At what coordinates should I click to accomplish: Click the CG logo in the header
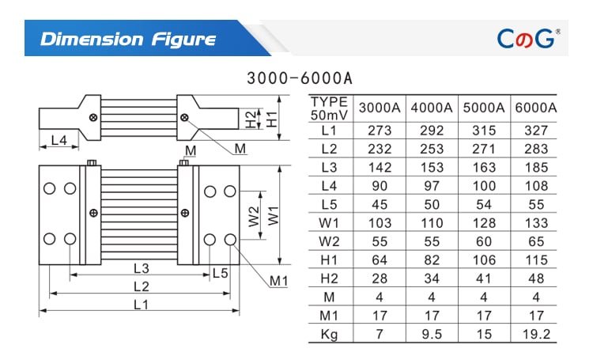click(x=527, y=38)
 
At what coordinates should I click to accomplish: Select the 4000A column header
click(x=431, y=108)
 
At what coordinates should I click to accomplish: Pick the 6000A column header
click(x=535, y=108)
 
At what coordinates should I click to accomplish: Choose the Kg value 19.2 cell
click(x=535, y=335)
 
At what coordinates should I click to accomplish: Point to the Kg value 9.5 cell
click(x=431, y=335)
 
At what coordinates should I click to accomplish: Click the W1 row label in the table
click(x=330, y=222)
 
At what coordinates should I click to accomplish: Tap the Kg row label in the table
click(x=330, y=335)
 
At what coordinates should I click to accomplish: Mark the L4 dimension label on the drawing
click(x=59, y=141)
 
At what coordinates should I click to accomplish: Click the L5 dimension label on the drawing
click(x=220, y=273)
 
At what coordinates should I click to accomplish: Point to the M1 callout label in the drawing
click(x=278, y=280)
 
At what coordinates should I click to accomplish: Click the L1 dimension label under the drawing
click(x=141, y=305)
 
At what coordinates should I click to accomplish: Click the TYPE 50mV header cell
click(x=330, y=108)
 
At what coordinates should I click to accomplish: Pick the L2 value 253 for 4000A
click(x=431, y=148)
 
